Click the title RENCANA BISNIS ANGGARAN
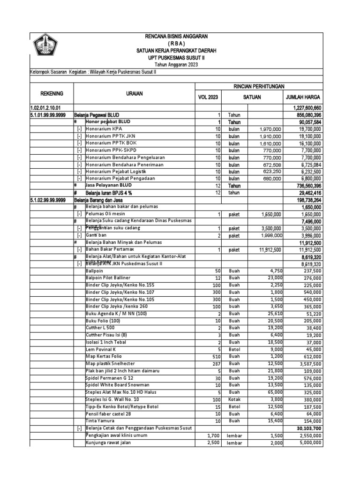point(176,36)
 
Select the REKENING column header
point(51,94)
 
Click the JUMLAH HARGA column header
point(302,97)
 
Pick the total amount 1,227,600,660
point(302,108)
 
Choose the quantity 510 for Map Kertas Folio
point(216,357)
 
